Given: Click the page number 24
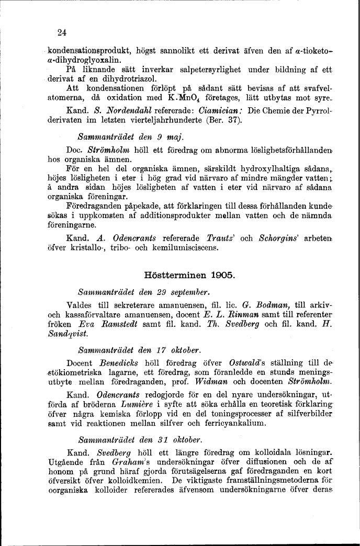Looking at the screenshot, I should pyautogui.click(x=62, y=32).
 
